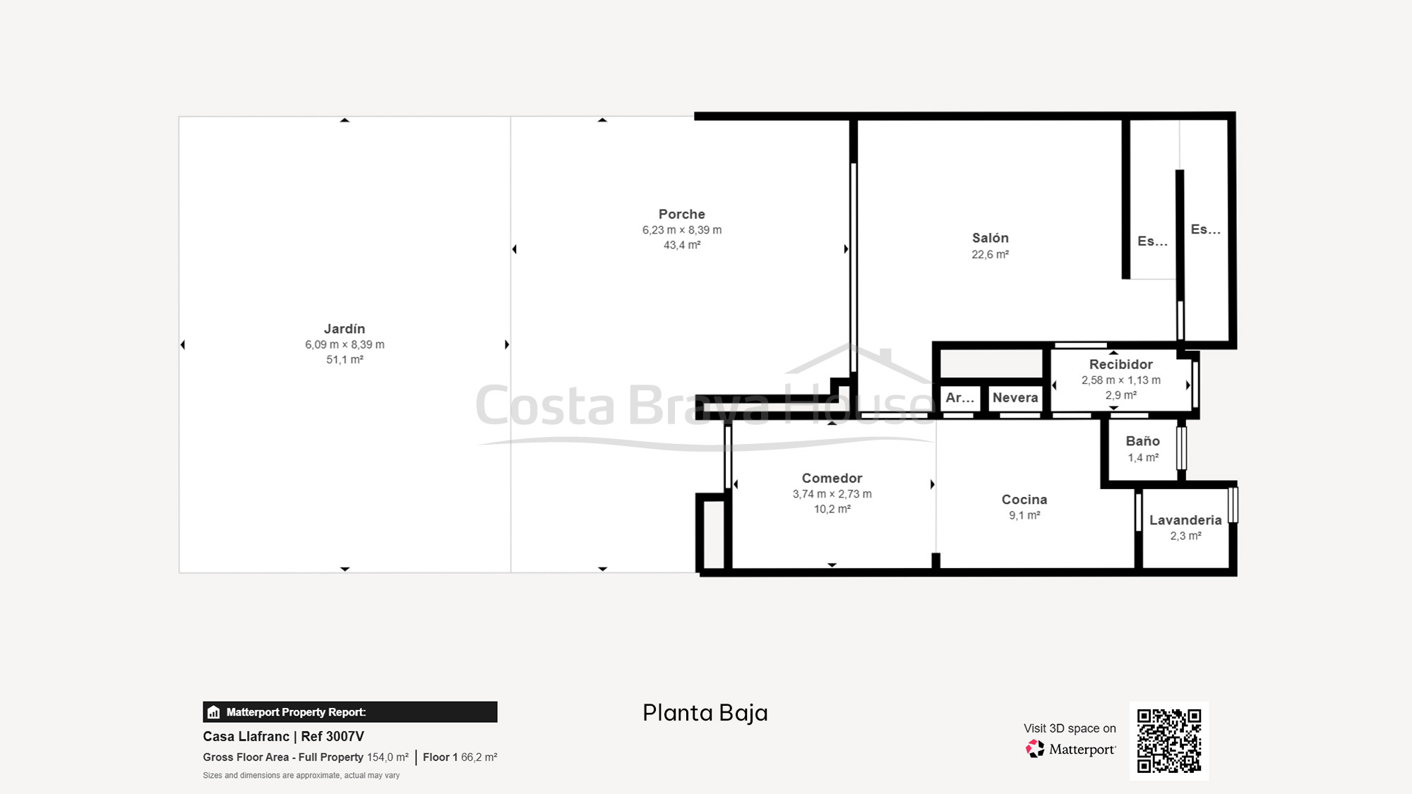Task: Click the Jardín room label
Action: (345, 329)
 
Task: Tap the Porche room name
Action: (681, 214)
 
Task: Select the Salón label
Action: (990, 238)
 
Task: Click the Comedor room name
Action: (832, 478)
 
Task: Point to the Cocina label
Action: (1024, 499)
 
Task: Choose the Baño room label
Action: (1142, 441)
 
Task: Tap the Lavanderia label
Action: (1185, 520)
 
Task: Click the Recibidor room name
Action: (1120, 364)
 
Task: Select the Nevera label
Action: (1015, 397)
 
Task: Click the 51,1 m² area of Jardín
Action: (345, 360)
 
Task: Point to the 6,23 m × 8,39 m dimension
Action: (681, 230)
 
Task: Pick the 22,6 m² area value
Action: (990, 255)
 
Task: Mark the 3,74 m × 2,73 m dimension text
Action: (832, 494)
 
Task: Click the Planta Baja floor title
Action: (705, 713)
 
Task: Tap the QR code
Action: (1168, 740)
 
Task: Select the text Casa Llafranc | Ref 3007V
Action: (283, 736)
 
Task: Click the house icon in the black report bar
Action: (214, 712)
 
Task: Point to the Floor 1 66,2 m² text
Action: (460, 757)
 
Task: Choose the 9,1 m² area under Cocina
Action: (1024, 516)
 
